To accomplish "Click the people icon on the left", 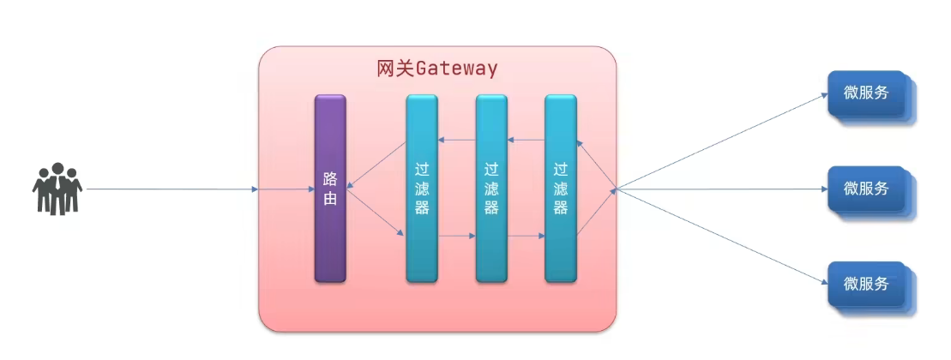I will tap(57, 189).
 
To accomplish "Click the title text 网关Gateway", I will tap(436, 69).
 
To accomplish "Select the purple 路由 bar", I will tap(330, 189).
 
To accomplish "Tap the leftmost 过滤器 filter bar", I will tap(421, 189).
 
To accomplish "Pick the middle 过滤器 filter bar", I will tap(491, 189).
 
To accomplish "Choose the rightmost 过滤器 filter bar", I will tap(560, 189).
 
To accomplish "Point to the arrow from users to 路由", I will tap(172, 189).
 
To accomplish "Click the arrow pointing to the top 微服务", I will tap(720, 141).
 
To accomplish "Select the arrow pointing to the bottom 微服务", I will tap(720, 236).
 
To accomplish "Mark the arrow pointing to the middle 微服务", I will tap(720, 189).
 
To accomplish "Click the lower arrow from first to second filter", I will tap(456, 235).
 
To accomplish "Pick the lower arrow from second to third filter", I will tap(526, 235).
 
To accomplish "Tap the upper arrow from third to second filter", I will tap(526, 140).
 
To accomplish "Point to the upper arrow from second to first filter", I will tap(456, 140).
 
